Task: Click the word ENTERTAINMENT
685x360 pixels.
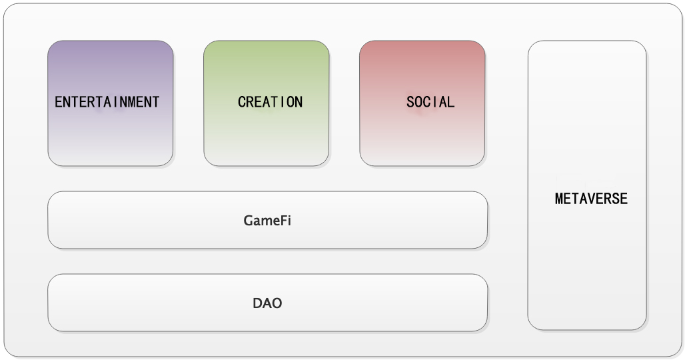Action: coord(107,102)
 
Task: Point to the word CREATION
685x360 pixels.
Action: coord(270,102)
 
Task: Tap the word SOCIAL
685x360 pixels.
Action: coord(430,102)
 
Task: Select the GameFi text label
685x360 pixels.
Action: coord(267,221)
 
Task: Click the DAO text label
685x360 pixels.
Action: coord(267,303)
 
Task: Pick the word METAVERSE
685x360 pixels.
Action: coord(591,199)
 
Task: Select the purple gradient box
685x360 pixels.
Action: coord(111,103)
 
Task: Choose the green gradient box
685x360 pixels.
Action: coord(267,103)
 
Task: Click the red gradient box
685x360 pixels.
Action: coord(422,103)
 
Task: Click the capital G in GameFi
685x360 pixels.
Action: coord(248,221)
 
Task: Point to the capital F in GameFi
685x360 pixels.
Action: coord(283,221)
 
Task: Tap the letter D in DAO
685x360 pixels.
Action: coord(257,303)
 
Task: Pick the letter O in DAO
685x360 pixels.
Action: coord(277,303)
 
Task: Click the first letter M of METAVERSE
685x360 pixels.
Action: coord(559,199)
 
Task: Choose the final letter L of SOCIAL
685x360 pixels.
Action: coord(451,102)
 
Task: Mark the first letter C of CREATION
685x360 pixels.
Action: coord(242,102)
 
